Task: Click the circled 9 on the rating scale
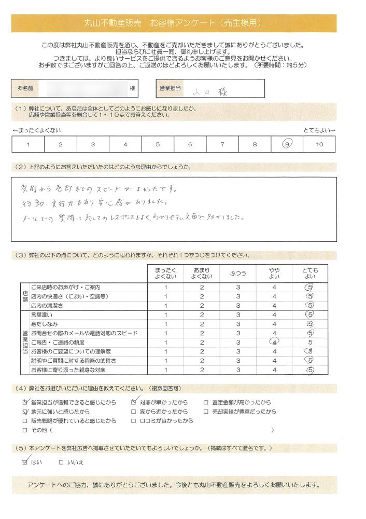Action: click(287, 144)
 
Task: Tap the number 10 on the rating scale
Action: click(319, 144)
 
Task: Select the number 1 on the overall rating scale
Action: click(27, 144)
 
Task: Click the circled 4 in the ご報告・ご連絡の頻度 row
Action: click(274, 342)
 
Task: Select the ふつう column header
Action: click(238, 273)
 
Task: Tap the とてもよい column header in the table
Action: click(310, 273)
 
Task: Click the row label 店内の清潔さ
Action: click(48, 305)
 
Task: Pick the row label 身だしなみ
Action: click(44, 323)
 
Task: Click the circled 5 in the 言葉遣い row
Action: click(310, 315)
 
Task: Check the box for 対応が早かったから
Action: click(134, 402)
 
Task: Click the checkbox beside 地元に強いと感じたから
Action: click(25, 412)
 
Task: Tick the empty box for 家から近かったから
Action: click(134, 412)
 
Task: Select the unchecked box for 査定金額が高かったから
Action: click(206, 402)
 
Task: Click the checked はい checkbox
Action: click(25, 461)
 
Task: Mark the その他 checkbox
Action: click(25, 430)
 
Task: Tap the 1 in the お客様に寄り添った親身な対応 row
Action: click(165, 370)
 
